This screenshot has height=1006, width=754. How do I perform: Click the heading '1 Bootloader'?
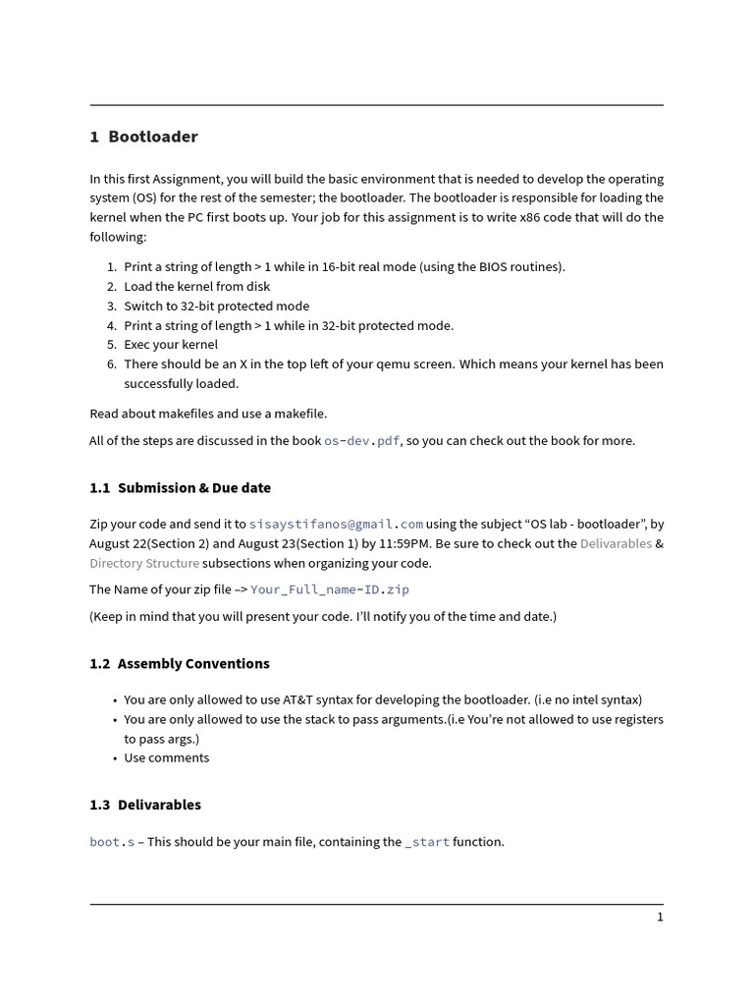(x=143, y=137)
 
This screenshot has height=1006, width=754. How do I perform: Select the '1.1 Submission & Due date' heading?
(x=180, y=487)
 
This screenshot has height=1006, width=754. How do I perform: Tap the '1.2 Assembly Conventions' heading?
(x=179, y=663)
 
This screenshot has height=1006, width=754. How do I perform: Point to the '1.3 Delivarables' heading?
(x=145, y=805)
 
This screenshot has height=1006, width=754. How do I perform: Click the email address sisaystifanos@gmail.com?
(x=336, y=525)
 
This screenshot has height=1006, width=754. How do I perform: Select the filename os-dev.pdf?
(x=361, y=441)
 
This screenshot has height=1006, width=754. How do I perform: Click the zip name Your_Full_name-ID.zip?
(x=329, y=589)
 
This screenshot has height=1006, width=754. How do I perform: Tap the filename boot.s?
(x=112, y=842)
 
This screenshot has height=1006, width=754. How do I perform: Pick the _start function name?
(x=427, y=842)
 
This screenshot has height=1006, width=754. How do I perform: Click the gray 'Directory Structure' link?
(x=144, y=563)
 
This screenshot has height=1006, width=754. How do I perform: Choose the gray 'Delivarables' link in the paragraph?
(x=616, y=543)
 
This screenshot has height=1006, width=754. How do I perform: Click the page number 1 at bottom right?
(x=660, y=917)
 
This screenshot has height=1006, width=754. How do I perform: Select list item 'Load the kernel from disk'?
(x=196, y=286)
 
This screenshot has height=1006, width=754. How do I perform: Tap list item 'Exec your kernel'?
(x=171, y=345)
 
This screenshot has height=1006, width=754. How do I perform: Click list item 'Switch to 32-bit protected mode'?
(x=216, y=306)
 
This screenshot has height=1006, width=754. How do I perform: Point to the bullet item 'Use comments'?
(x=166, y=757)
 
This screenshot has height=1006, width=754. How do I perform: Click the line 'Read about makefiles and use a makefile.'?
(x=208, y=414)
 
